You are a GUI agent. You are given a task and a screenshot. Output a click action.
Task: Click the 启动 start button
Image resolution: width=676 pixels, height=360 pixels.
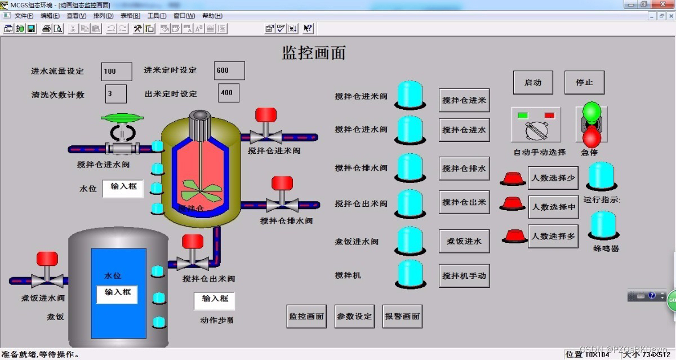pos(533,82)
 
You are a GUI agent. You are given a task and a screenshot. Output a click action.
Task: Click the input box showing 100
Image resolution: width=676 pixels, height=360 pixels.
pos(117,72)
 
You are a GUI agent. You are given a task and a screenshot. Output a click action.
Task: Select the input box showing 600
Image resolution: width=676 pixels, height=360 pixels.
pos(229,71)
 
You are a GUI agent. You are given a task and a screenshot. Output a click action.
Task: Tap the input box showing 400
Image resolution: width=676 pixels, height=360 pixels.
pos(229,93)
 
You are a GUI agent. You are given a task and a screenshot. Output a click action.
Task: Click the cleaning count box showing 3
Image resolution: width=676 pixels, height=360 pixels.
pos(116,94)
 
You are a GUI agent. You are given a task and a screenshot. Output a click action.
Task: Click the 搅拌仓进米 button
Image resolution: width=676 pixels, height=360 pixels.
pos(464,100)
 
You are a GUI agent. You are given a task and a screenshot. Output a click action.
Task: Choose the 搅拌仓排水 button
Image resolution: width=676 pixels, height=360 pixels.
pos(464,168)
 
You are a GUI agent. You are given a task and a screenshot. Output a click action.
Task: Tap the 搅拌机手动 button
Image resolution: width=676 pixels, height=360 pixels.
pos(464,276)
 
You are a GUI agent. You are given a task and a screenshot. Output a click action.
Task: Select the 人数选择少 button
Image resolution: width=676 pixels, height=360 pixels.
pos(553,178)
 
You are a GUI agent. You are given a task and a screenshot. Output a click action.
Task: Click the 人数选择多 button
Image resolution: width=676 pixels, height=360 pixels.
pos(553,237)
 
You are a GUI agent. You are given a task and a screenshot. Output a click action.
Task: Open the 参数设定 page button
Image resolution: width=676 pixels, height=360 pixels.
pos(354,317)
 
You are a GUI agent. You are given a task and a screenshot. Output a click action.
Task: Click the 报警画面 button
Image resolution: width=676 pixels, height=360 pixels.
pos(402,317)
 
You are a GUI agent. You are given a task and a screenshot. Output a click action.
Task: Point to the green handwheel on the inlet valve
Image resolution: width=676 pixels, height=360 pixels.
pos(122,118)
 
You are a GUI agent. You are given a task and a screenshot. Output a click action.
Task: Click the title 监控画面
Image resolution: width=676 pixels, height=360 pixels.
pos(313,53)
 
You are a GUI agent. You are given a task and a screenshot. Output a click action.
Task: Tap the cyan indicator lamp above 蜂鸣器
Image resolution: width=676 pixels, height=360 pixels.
pos(603,224)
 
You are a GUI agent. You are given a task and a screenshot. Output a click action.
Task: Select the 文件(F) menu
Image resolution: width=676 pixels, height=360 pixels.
pos(24,16)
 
